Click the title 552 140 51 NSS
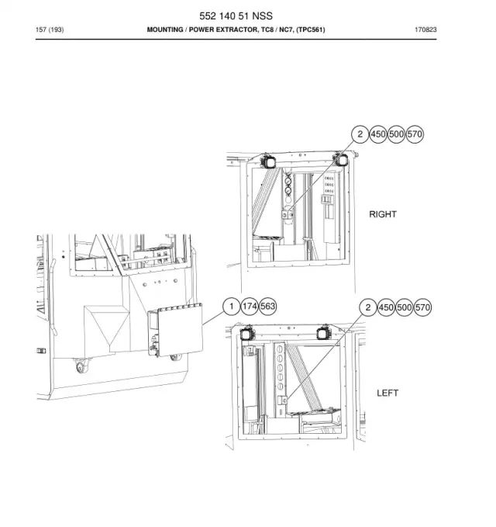(236, 16)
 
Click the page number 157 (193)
(50, 29)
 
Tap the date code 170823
(425, 29)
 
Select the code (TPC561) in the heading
(311, 29)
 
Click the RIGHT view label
(383, 214)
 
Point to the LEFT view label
(387, 393)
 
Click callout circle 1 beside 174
(231, 306)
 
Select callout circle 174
(250, 306)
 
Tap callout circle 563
(267, 306)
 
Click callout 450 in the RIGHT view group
(378, 134)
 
